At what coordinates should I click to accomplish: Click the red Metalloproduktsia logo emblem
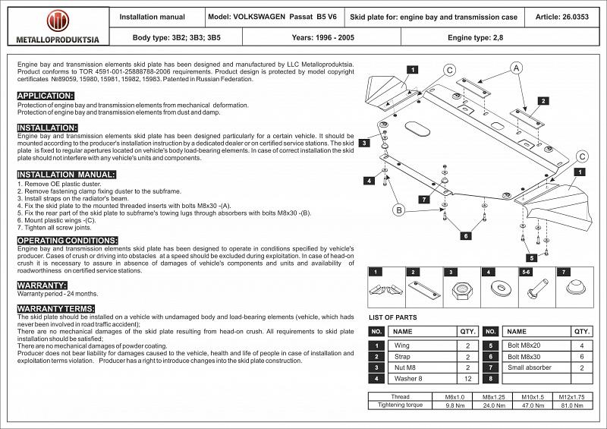pyautogui.click(x=57, y=21)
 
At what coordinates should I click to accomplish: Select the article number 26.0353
pyautogui.click(x=564, y=16)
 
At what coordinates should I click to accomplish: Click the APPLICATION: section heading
pyautogui.click(x=46, y=96)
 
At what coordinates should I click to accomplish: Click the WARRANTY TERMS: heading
pyautogui.click(x=56, y=308)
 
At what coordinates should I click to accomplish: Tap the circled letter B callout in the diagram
pyautogui.click(x=398, y=210)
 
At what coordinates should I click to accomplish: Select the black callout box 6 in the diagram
pyautogui.click(x=465, y=236)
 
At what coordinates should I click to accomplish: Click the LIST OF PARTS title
pyautogui.click(x=392, y=317)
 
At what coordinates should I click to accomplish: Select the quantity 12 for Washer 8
pyautogui.click(x=467, y=378)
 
